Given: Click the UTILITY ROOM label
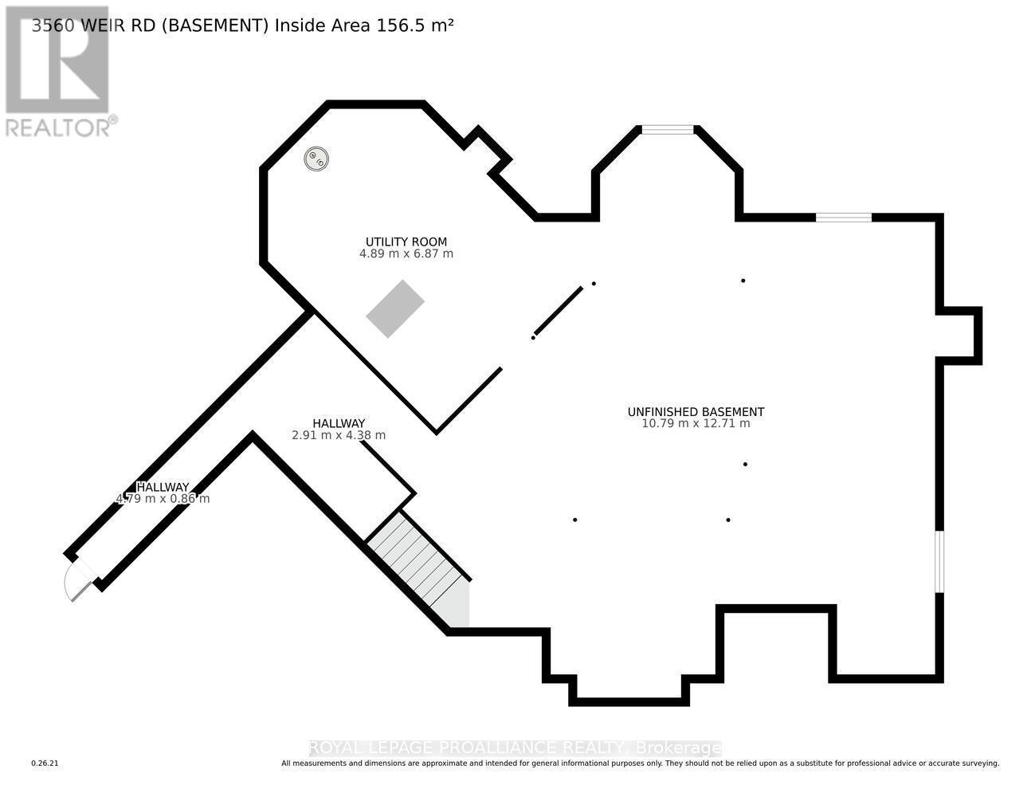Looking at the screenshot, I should point(406,241).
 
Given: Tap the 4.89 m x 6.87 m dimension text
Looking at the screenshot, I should point(406,254).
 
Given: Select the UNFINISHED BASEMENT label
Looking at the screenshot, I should point(696,412).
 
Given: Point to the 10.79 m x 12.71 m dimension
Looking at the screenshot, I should point(696,424).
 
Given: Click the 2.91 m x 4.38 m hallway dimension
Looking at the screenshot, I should point(339,435).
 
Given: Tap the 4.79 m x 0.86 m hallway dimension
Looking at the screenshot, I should point(163,499).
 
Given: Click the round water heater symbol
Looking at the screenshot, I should point(316,159).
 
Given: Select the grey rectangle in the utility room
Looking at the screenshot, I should point(395,308).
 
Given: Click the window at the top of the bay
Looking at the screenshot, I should point(668,130).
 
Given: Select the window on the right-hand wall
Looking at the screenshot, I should point(939,562).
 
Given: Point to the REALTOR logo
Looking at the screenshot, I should point(57,72).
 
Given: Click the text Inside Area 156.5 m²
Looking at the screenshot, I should point(364,26).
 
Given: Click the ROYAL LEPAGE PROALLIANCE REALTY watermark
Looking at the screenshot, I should point(515,748).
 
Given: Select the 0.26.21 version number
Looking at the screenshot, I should point(45,764).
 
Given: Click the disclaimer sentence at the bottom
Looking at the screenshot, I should point(640,764).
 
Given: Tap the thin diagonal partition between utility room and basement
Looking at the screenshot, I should point(559,311).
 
